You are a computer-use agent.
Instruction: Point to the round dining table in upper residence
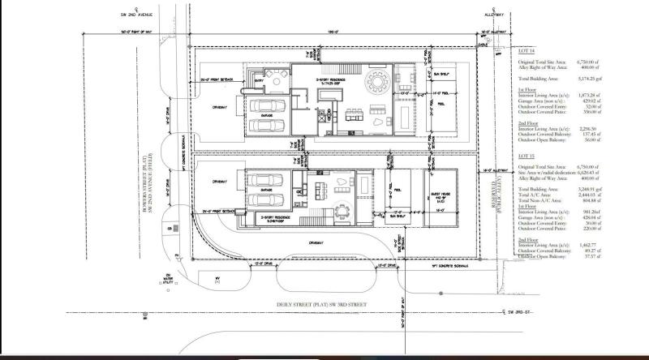pyautogui.click(x=379, y=83)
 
